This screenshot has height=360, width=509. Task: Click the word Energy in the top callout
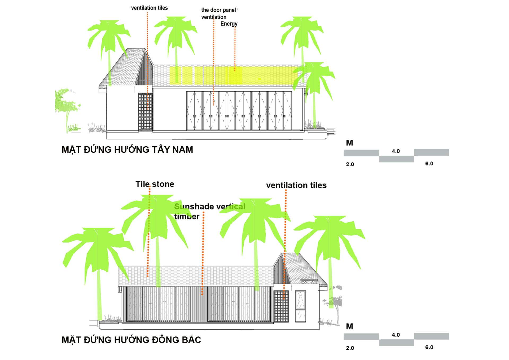click(x=229, y=24)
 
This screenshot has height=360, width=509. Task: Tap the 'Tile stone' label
click(x=155, y=184)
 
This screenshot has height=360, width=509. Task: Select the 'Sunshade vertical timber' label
click(x=209, y=211)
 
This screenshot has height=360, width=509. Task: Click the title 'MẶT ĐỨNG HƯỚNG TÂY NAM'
click(x=127, y=150)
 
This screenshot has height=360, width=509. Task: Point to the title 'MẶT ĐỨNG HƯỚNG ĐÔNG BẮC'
click(x=131, y=340)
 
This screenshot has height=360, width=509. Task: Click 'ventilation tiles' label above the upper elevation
click(x=149, y=8)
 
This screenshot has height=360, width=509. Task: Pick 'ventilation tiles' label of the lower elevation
click(x=296, y=185)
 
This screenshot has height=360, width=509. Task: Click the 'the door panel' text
click(x=218, y=10)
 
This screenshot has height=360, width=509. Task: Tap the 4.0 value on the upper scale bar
click(x=396, y=151)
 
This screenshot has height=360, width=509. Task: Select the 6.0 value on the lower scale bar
click(x=429, y=347)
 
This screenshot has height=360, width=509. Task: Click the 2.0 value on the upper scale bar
click(x=350, y=164)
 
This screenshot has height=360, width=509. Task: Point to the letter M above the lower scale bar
click(x=349, y=327)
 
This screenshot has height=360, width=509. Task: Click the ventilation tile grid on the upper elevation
click(x=146, y=111)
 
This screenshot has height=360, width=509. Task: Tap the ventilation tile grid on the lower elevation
click(x=281, y=306)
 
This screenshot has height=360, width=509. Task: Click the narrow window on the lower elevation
click(x=300, y=306)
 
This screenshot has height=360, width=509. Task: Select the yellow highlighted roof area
click(x=231, y=75)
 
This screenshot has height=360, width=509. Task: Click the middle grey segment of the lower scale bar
click(x=396, y=343)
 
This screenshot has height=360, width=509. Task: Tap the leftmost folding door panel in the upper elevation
click(x=194, y=111)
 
